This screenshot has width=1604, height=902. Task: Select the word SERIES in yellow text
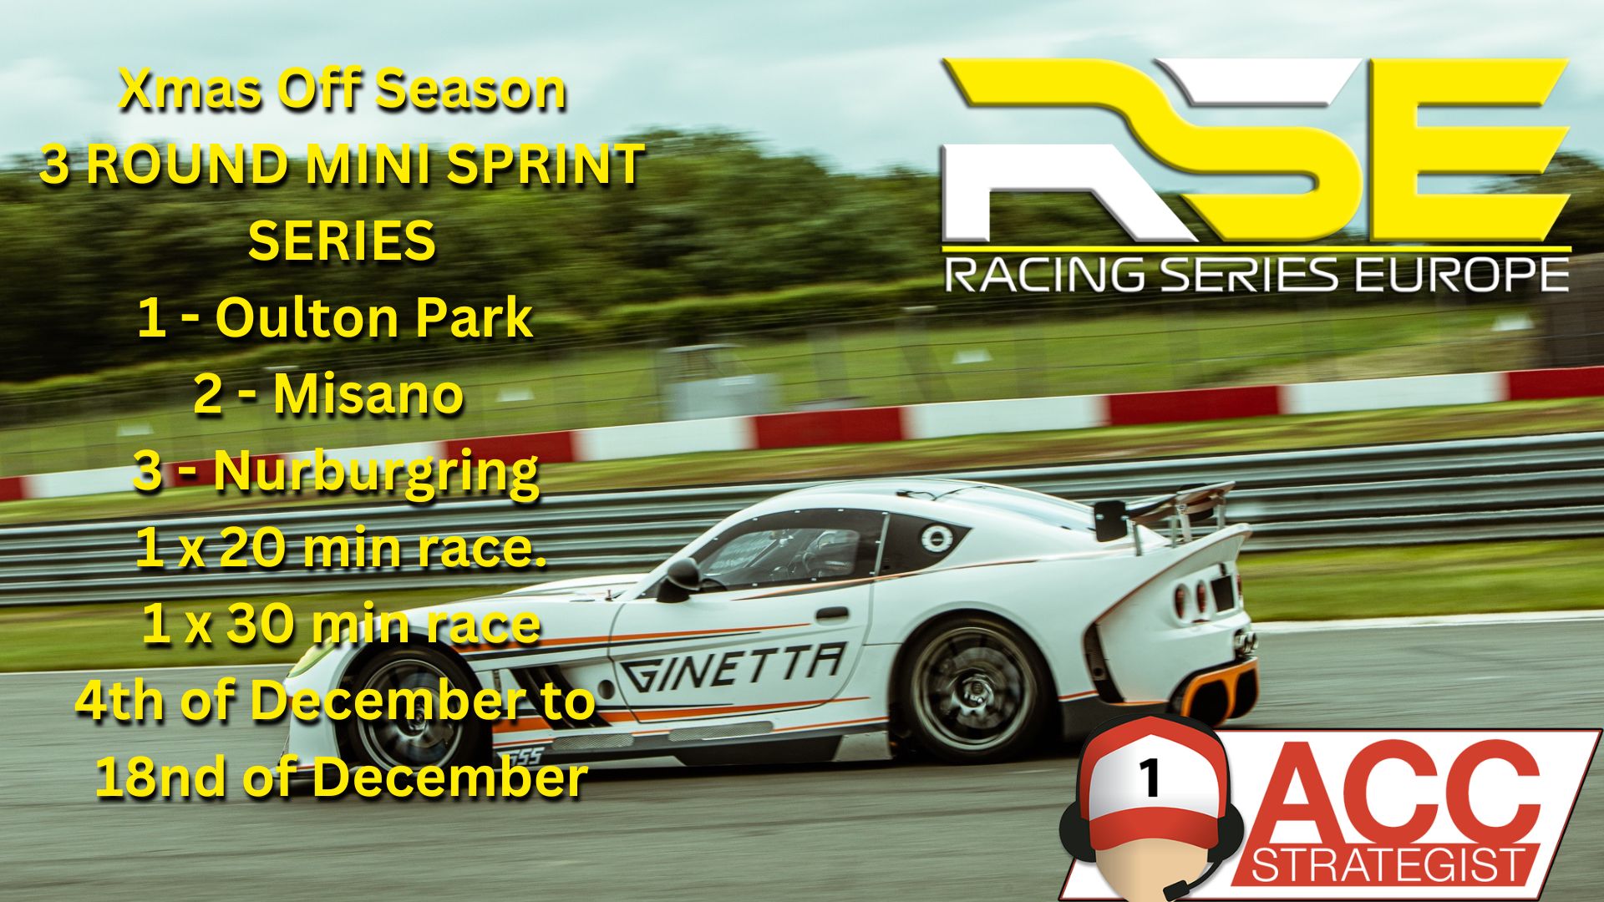tap(342, 241)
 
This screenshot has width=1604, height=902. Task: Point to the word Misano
tap(368, 394)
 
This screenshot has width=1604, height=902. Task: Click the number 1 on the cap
tap(1150, 778)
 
